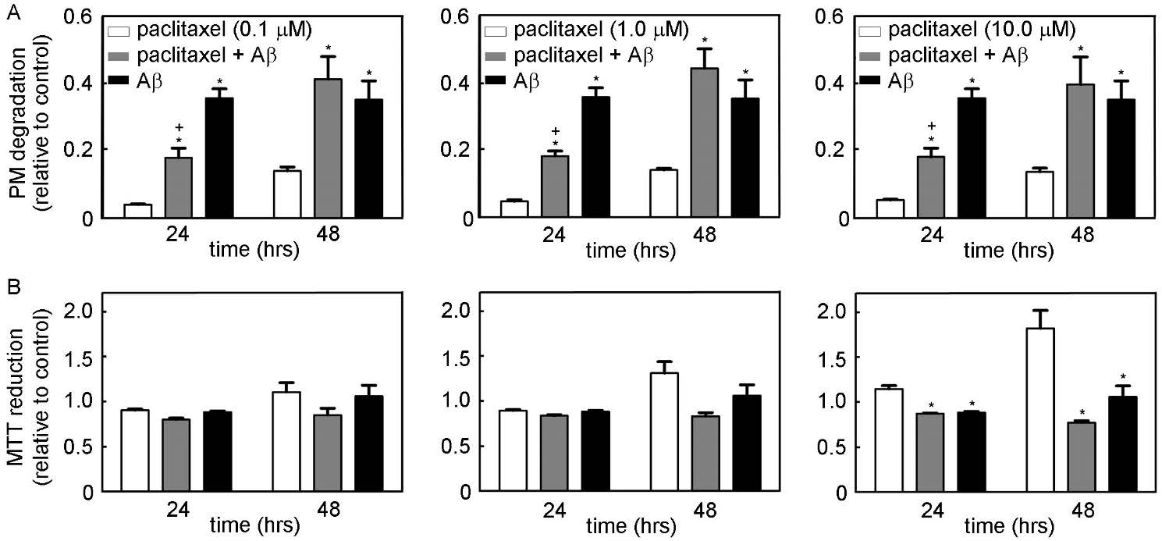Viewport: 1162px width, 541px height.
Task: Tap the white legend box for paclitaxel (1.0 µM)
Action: coord(496,31)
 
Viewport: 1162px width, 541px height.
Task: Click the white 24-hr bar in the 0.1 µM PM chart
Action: coord(138,210)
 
